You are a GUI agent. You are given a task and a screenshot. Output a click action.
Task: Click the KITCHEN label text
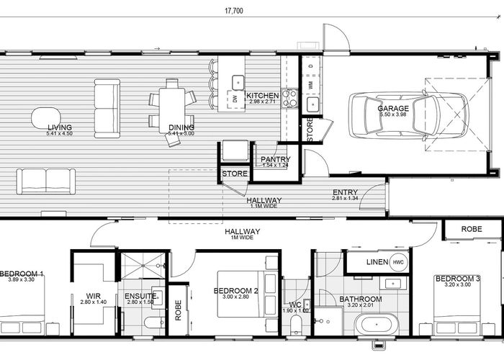pos(262,96)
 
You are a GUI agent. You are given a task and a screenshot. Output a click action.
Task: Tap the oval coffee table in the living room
pos(45,117)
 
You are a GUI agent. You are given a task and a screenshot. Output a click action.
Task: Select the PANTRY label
pos(275,160)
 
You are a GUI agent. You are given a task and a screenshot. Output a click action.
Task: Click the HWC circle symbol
pos(398,263)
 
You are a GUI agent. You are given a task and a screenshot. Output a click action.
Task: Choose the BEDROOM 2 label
pos(236,291)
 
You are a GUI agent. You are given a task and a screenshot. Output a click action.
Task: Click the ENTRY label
pos(345,192)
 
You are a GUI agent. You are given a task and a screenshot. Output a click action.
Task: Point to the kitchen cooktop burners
pos(290,98)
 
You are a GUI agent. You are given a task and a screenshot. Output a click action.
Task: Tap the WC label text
pos(295,305)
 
